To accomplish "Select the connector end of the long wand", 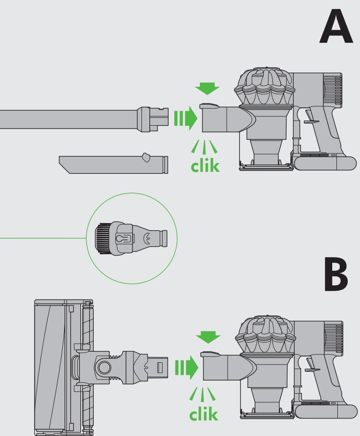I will click(x=153, y=118).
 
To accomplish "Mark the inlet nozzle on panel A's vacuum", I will click(x=221, y=118).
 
